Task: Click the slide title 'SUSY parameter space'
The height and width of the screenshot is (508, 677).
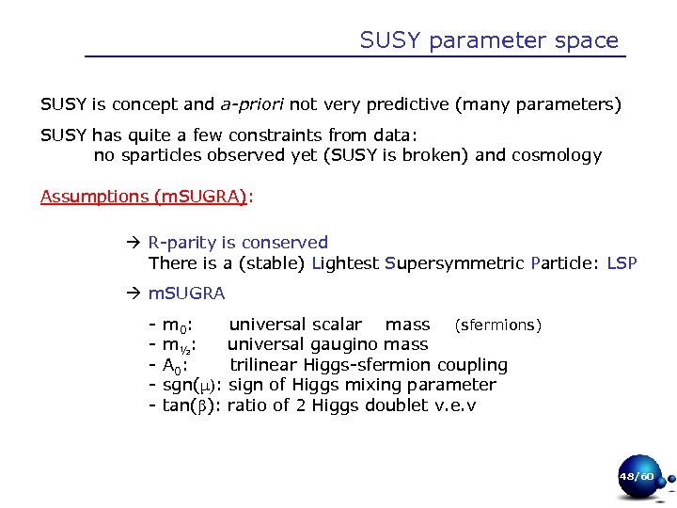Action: pyautogui.click(x=489, y=40)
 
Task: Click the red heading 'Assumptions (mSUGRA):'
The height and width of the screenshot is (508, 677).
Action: pyautogui.click(x=146, y=196)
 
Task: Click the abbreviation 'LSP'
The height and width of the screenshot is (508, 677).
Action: pyautogui.click(x=622, y=263)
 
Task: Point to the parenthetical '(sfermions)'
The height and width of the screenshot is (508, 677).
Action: pyautogui.click(x=498, y=325)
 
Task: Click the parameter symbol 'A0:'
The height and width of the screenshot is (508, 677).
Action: pyautogui.click(x=174, y=365)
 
